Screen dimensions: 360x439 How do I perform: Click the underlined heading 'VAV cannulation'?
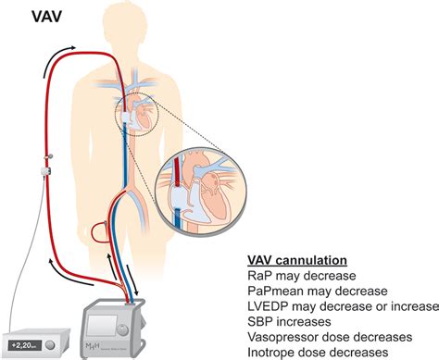(299, 262)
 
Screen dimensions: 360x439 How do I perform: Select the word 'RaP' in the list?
(261, 277)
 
